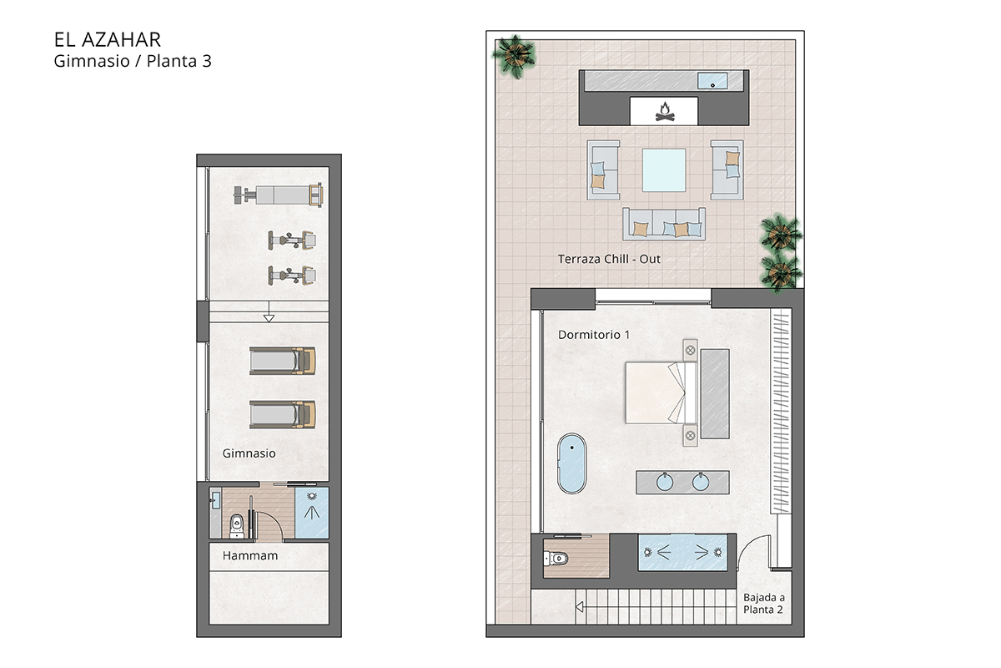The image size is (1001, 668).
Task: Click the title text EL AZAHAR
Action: pyautogui.click(x=107, y=39)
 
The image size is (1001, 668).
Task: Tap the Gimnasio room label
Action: pyautogui.click(x=249, y=453)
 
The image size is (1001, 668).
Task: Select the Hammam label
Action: pyautogui.click(x=250, y=555)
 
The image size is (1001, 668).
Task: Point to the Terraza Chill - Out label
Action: pyautogui.click(x=609, y=259)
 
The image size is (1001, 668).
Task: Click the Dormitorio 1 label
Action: pyautogui.click(x=594, y=334)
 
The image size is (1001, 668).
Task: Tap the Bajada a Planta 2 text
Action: pyautogui.click(x=764, y=604)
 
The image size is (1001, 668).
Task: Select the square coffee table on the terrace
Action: pyautogui.click(x=664, y=171)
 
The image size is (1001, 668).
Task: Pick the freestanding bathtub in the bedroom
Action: pyautogui.click(x=572, y=463)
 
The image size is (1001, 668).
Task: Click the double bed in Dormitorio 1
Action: pyautogui.click(x=659, y=392)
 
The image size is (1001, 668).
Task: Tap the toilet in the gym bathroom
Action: pyautogui.click(x=236, y=524)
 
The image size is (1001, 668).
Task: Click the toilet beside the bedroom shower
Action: pyautogui.click(x=556, y=558)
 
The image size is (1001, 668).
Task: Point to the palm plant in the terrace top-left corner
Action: pyautogui.click(x=515, y=53)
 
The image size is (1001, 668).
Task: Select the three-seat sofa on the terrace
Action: pyautogui.click(x=664, y=224)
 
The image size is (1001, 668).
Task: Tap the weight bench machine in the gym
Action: pyautogui.click(x=278, y=195)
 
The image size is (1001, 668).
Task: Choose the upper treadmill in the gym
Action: pyautogui.click(x=283, y=361)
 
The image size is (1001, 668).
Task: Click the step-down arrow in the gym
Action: pyautogui.click(x=268, y=317)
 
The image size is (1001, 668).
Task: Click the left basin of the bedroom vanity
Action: pyautogui.click(x=665, y=481)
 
